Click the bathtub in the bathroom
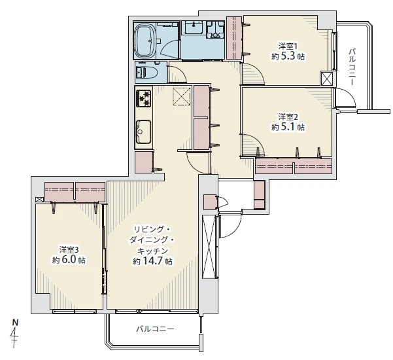(x=145, y=41)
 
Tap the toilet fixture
(x=146, y=72)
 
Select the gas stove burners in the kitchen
(x=144, y=99)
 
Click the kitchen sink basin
(x=143, y=132)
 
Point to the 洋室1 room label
(x=288, y=46)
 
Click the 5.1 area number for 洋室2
(x=288, y=127)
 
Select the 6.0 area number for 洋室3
(x=68, y=260)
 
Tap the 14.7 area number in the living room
(x=153, y=261)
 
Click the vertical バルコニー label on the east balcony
(x=352, y=67)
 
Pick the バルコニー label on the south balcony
(x=155, y=329)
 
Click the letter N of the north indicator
(x=16, y=322)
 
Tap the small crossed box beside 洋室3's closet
(x=39, y=200)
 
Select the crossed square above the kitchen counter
(x=182, y=97)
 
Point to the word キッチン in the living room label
(x=152, y=251)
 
